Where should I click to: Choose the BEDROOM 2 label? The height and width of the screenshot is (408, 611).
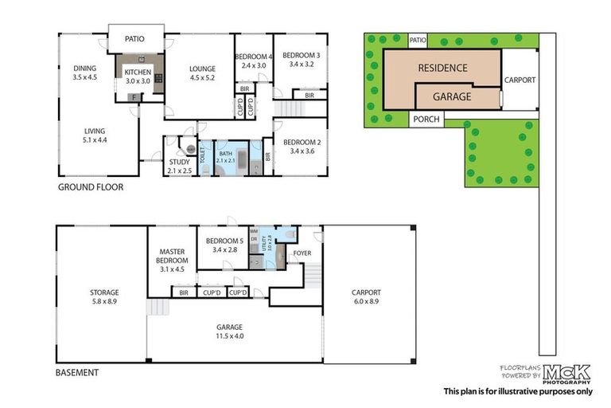click(x=303, y=145)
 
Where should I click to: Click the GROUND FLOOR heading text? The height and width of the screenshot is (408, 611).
click(x=90, y=188)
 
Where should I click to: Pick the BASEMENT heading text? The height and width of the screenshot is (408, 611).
click(x=77, y=372)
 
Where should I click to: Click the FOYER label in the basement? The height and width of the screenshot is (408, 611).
click(x=302, y=254)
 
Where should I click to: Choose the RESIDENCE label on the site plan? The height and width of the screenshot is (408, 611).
click(x=442, y=68)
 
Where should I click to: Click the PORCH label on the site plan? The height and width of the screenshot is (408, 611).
click(x=426, y=120)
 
